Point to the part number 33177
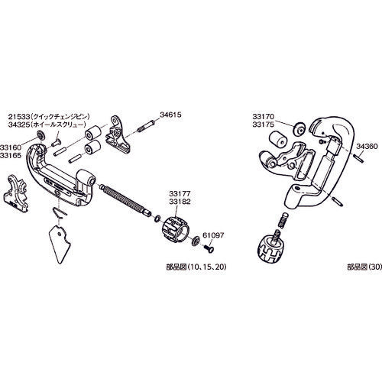177,196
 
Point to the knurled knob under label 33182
176,228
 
